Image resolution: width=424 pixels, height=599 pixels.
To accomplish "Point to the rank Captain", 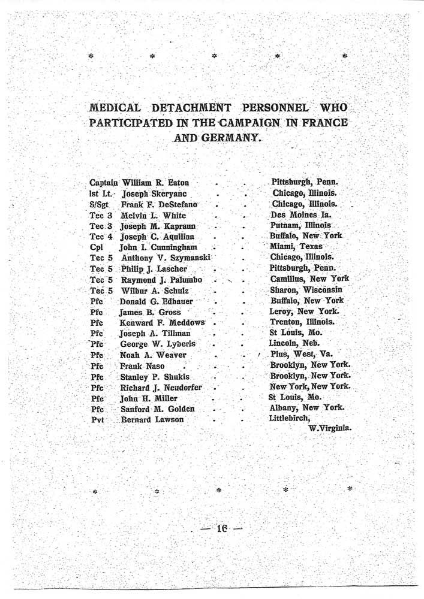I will click(104, 182).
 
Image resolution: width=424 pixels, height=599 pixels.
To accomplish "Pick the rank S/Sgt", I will click(100, 205).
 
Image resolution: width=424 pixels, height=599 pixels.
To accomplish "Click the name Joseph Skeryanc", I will click(154, 193).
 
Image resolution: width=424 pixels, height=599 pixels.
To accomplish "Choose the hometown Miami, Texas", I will click(296, 247).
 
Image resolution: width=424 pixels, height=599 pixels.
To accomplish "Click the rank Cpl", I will click(96, 247).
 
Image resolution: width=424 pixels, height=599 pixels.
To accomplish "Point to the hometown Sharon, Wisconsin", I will click(306, 290).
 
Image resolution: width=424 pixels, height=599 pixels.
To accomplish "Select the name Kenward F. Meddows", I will click(162, 322).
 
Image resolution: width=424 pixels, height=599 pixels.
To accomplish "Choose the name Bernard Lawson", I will click(152, 420).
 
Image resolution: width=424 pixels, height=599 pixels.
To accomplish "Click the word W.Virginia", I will click(329, 429).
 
